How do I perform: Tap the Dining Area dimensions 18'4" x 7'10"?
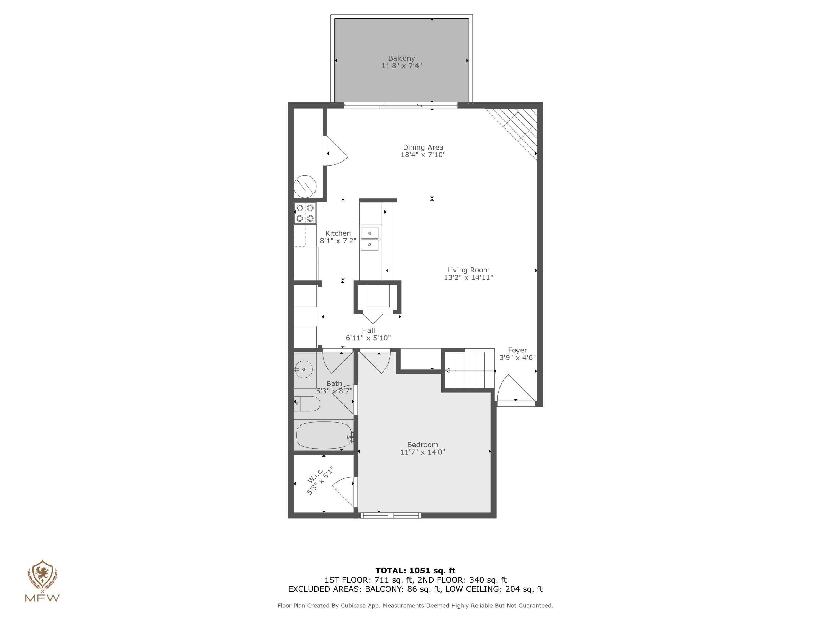(423, 155)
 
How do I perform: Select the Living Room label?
(468, 270)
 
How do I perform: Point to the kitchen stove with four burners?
(305, 213)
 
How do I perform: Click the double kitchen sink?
(370, 239)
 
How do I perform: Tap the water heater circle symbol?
(305, 186)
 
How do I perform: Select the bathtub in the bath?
(324, 435)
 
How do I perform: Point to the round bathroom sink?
(304, 370)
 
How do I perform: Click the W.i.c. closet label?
(315, 475)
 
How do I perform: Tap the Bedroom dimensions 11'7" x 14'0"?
(423, 452)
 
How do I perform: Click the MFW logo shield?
(42, 574)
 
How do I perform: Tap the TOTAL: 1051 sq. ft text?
(415, 571)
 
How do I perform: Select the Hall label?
(368, 330)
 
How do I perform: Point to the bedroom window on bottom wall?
(391, 516)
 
